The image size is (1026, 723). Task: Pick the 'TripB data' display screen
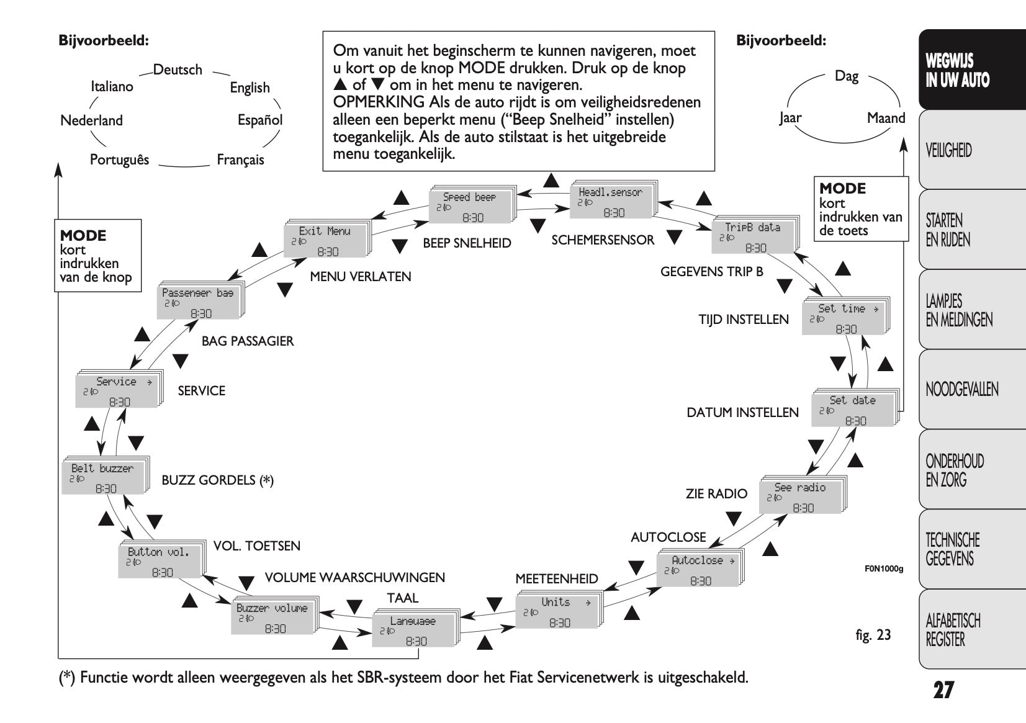[754, 236]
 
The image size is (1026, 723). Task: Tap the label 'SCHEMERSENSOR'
[603, 240]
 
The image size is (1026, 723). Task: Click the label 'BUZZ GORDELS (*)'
[217, 480]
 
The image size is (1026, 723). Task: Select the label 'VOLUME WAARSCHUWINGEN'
[354, 578]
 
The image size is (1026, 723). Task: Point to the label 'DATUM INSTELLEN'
[742, 413]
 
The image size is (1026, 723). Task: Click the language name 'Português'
[119, 160]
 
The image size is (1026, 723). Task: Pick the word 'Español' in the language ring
[260, 120]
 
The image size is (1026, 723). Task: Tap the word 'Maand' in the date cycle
[886, 118]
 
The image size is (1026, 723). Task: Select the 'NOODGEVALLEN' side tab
[961, 390]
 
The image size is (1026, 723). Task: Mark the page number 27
[943, 690]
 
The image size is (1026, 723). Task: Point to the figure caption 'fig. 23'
[873, 634]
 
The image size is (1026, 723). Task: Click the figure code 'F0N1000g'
[884, 567]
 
